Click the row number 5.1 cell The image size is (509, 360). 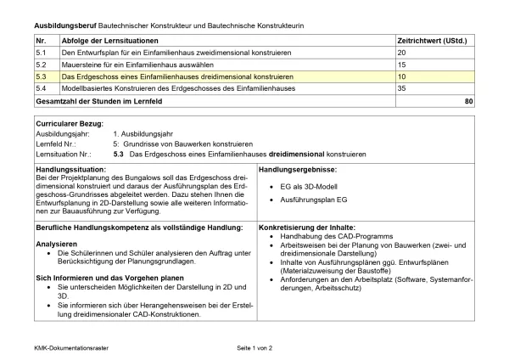point(41,53)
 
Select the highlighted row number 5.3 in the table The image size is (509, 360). point(41,76)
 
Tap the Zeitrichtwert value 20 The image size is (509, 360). point(402,53)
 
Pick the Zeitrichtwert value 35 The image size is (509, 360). point(402,88)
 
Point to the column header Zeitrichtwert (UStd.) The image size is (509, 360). point(432,40)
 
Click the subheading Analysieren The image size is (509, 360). point(56,243)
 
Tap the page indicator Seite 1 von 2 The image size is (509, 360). point(255,348)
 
